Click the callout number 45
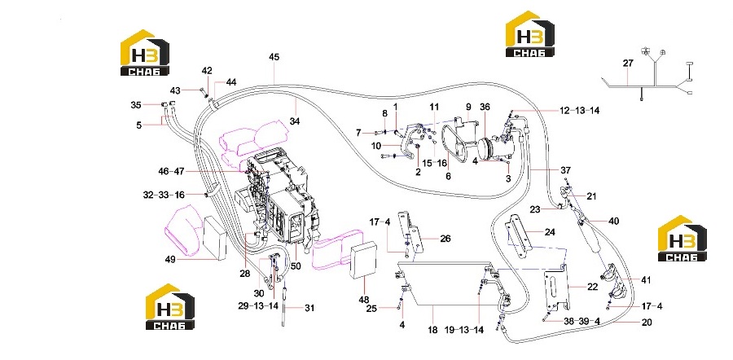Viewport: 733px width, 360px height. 274,57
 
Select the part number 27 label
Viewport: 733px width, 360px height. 628,63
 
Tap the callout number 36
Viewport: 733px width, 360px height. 485,107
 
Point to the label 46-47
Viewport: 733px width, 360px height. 171,172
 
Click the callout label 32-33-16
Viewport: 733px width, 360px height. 164,195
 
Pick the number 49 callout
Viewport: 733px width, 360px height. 169,259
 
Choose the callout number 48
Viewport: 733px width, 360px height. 364,299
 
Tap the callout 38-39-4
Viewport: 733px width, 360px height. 582,322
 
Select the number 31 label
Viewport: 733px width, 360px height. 309,308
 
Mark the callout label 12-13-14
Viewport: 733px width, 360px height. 579,111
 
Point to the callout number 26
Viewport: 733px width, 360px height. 445,239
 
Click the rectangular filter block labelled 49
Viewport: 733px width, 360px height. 214,238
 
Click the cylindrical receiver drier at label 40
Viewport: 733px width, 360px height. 590,236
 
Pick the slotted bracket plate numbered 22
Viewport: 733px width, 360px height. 557,288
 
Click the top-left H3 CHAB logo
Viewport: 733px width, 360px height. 145,52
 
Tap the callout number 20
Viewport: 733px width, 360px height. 646,323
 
